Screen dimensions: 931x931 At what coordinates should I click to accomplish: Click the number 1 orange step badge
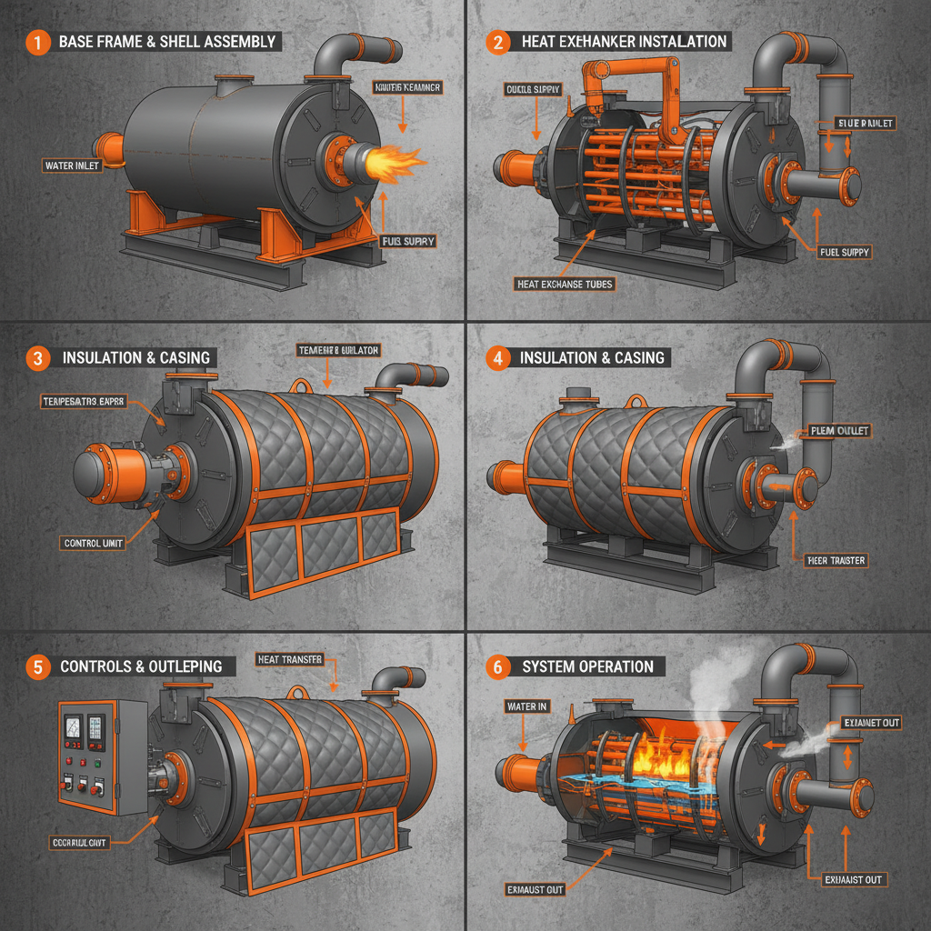coord(35,42)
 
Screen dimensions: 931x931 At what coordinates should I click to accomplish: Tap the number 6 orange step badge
coord(496,666)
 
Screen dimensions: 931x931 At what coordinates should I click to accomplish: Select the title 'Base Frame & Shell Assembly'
coord(166,42)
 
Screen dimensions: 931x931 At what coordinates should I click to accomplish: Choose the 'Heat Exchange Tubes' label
coord(565,284)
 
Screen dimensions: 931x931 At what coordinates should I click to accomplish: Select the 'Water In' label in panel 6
coord(526,706)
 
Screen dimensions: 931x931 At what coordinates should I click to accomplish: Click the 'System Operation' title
coord(587,666)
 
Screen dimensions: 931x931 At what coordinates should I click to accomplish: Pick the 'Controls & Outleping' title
coord(141,666)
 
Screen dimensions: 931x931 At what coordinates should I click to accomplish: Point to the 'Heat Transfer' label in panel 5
coord(289,659)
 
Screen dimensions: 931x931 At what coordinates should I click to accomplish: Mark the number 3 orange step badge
coord(36,357)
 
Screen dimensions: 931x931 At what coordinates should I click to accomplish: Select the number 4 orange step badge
coord(496,357)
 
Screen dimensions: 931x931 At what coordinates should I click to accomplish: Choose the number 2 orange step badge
coord(496,42)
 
